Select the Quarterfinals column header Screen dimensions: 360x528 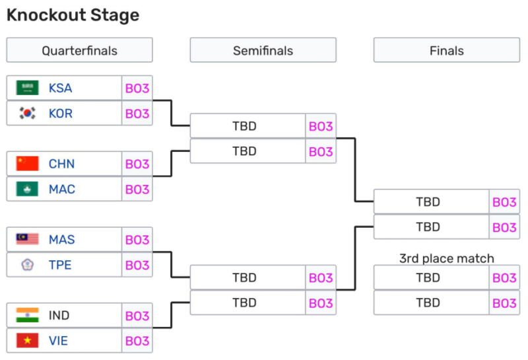point(79,51)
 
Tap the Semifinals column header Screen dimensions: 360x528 point(263,51)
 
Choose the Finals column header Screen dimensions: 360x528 point(446,51)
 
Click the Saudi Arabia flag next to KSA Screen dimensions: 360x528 point(28,88)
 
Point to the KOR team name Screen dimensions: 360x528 point(61,114)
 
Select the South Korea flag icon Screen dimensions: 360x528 point(28,114)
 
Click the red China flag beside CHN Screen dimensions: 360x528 point(28,164)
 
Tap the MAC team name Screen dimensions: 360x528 point(62,190)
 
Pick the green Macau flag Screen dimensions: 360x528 point(28,190)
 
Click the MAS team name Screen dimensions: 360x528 point(62,240)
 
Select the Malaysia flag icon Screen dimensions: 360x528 point(28,240)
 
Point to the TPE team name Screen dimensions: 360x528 point(60,266)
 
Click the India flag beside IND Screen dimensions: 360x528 point(28,316)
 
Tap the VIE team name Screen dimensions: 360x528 point(58,342)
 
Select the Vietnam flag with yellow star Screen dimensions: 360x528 point(28,342)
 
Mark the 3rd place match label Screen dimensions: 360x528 point(446,258)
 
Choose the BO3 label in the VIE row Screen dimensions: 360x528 point(137,342)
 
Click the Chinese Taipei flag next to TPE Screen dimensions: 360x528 point(28,266)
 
